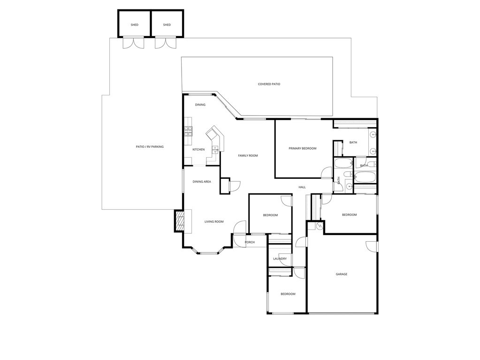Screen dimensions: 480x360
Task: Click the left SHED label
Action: point(134,25)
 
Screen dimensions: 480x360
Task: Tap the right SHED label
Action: point(167,25)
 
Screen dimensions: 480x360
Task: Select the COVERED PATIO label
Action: point(269,84)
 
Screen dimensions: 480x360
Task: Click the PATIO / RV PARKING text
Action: point(150,147)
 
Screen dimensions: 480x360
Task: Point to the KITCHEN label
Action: point(198,150)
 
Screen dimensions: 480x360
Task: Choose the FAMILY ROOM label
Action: point(248,156)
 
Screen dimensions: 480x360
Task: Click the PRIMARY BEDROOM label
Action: point(303,148)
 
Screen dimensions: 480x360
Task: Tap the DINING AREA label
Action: point(202,182)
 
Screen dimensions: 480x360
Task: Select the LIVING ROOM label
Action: point(214,222)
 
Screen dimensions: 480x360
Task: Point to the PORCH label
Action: point(250,243)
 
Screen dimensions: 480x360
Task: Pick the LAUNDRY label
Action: point(280,259)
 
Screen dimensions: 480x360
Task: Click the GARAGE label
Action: point(341,274)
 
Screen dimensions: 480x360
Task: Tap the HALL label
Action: point(302,187)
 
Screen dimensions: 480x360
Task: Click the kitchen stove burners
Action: point(188,131)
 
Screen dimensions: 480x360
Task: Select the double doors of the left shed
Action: point(133,43)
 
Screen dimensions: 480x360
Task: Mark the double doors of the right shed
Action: point(166,43)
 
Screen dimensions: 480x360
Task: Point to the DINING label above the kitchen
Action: point(200,105)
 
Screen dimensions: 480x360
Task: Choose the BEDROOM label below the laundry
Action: point(288,294)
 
